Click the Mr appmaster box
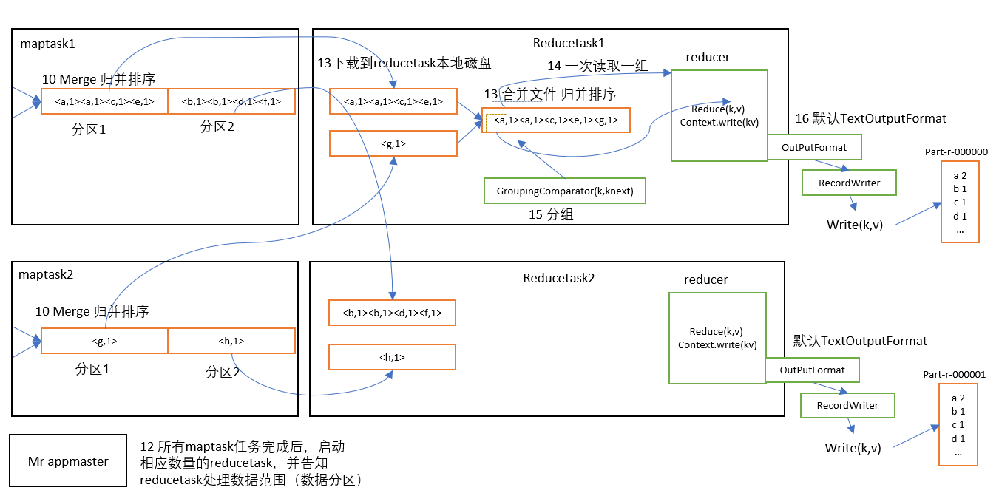68,461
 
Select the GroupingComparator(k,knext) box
565,191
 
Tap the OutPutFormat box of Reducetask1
814,147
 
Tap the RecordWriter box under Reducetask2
847,405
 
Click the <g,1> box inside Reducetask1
392,143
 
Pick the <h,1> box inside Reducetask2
392,357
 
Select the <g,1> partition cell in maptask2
104,341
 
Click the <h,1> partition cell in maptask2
231,341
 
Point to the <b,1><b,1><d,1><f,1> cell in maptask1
231,101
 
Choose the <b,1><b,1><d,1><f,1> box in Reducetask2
392,313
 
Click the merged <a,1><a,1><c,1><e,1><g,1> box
556,120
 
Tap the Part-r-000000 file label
956,152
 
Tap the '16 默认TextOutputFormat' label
870,118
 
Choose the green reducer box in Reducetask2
716,338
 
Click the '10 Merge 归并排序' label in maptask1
98,80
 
